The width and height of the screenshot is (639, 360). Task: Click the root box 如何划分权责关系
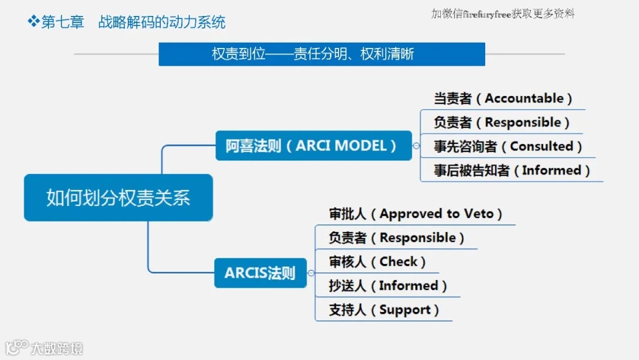coord(118,198)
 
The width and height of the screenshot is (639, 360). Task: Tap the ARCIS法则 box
coord(260,273)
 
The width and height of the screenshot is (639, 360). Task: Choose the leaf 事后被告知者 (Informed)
coord(512,171)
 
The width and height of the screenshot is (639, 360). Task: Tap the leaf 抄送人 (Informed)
coord(388,286)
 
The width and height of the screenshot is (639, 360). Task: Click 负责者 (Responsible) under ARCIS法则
coord(396,238)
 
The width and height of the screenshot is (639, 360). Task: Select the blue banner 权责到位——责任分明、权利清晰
coord(322,54)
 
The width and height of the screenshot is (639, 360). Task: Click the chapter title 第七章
coord(63,22)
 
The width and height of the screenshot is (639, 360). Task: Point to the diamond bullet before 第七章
coord(33,22)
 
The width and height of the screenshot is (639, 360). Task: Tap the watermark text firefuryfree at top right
coord(487,14)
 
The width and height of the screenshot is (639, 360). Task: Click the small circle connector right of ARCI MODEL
coord(417,146)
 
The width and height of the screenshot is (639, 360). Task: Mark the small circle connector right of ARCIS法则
coord(311,273)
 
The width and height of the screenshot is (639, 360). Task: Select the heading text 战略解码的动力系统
coord(162,22)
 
